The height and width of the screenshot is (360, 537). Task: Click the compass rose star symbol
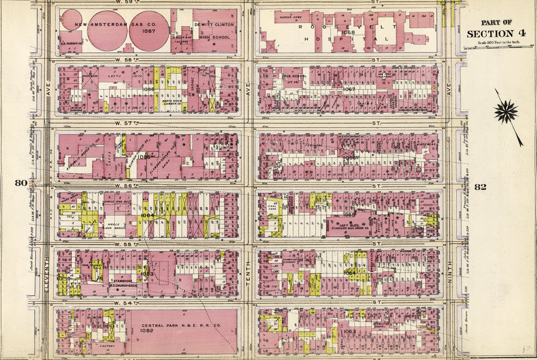(x=506, y=112)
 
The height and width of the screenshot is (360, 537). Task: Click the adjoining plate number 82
(x=480, y=187)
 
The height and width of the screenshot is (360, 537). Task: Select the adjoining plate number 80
(x=20, y=183)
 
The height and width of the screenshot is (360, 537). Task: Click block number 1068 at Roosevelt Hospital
(x=348, y=32)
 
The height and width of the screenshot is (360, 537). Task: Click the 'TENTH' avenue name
(x=249, y=275)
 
